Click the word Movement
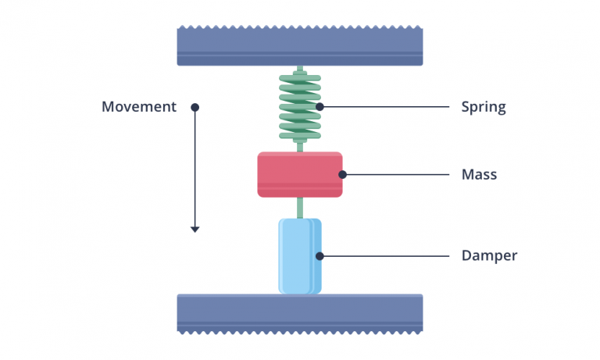tap(139, 107)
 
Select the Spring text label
tap(484, 107)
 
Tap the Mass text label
tap(479, 175)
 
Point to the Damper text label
tap(489, 255)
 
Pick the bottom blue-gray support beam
tap(300, 313)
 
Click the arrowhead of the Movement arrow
tap(195, 229)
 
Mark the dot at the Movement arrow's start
tap(195, 107)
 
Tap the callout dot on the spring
tap(320, 107)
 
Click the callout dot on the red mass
tap(341, 175)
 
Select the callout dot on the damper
tap(320, 255)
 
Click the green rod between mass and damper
tap(299, 207)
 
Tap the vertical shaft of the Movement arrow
tap(195, 168)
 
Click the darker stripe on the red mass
tap(299, 187)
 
